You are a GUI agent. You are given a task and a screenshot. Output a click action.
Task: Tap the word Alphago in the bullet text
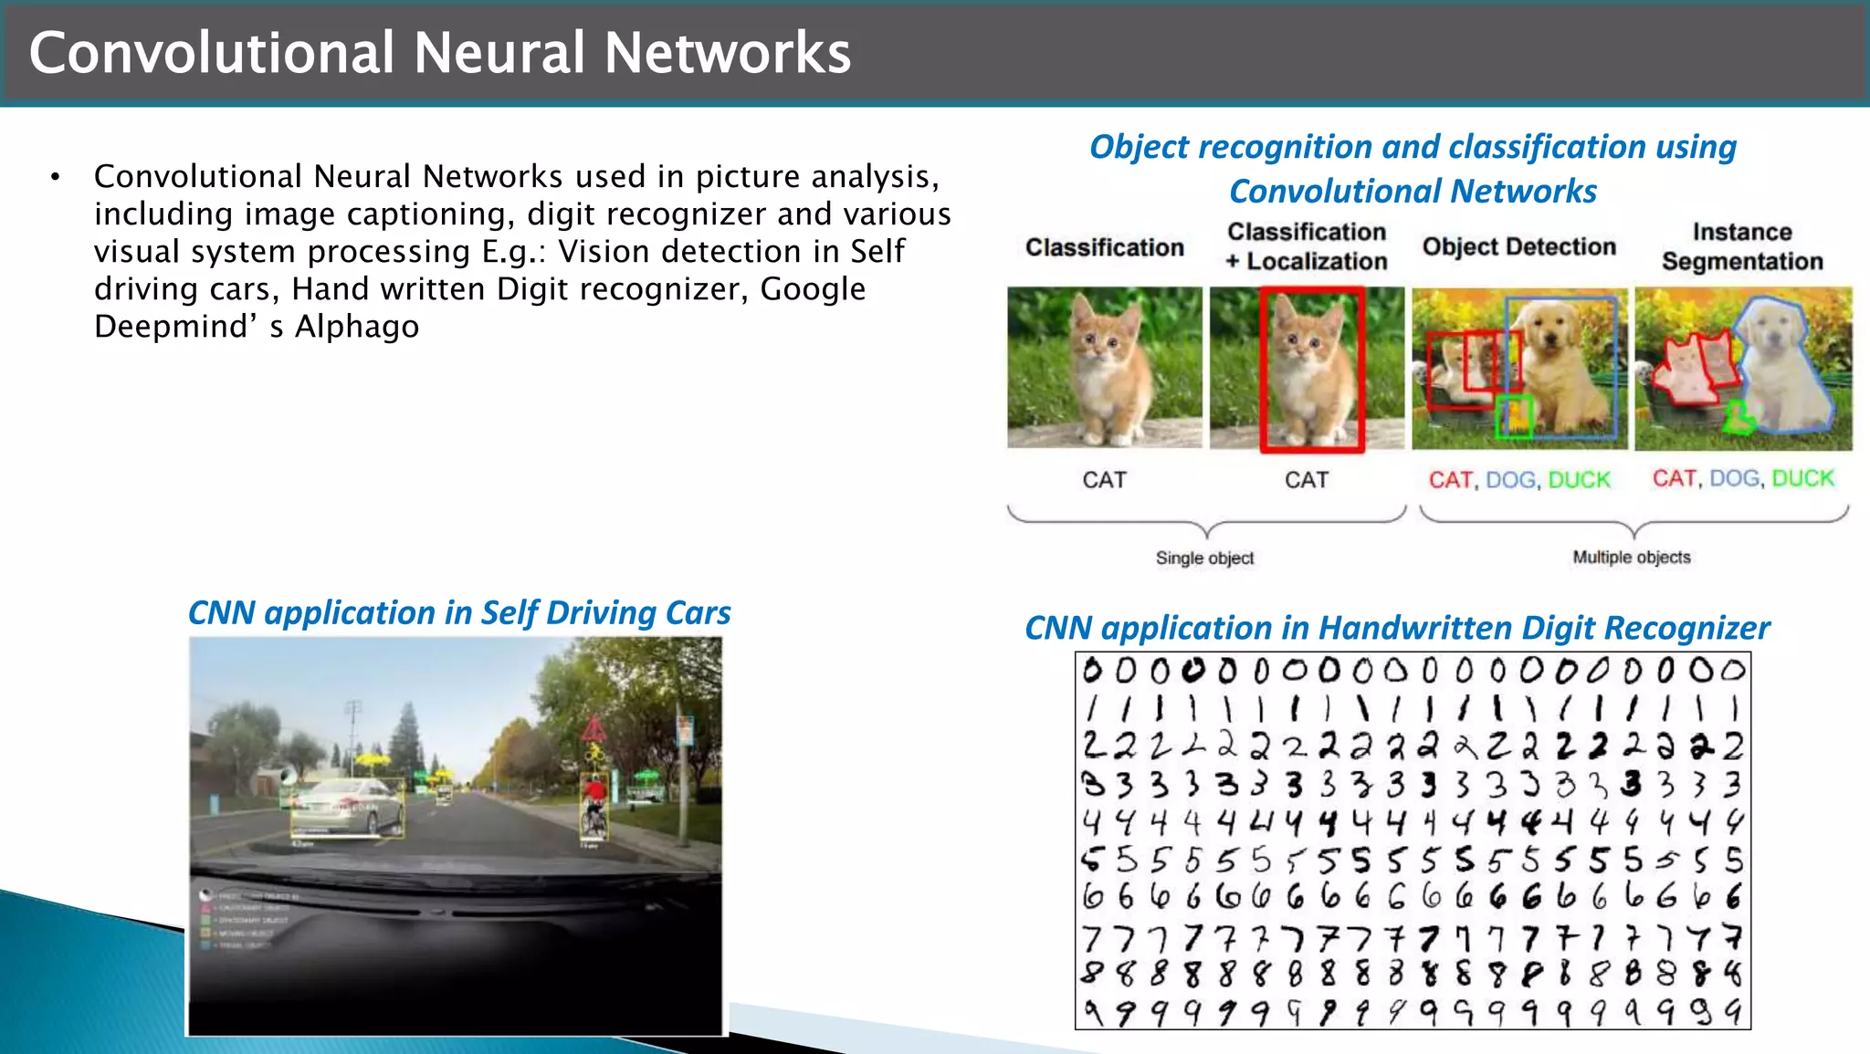357,327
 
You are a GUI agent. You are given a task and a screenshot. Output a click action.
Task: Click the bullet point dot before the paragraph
56,177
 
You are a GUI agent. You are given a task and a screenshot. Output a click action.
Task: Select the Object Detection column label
1518,247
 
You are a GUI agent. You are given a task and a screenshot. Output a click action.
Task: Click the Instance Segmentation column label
1741,247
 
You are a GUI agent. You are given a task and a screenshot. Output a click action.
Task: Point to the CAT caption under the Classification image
1104,480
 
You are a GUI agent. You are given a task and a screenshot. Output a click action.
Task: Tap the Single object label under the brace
1204,558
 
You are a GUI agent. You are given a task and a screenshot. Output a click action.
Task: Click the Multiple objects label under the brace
1631,557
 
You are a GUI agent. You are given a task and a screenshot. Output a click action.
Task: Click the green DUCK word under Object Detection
1579,480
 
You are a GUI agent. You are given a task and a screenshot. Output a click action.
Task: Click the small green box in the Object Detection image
1515,417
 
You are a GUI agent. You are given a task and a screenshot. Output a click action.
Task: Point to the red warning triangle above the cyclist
594,730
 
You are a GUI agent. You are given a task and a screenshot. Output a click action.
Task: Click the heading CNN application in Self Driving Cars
458,613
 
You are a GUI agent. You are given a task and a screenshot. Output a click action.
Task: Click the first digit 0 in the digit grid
1092,672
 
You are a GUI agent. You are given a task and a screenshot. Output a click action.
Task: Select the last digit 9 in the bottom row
1732,1011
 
